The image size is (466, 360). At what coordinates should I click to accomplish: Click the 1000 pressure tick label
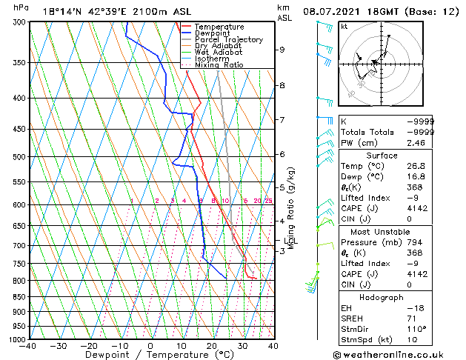(x=14, y=339)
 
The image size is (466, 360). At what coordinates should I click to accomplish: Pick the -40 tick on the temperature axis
(x=28, y=346)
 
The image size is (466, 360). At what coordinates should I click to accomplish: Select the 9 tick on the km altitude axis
(x=282, y=50)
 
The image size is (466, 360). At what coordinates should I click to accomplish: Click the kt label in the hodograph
(x=344, y=26)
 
